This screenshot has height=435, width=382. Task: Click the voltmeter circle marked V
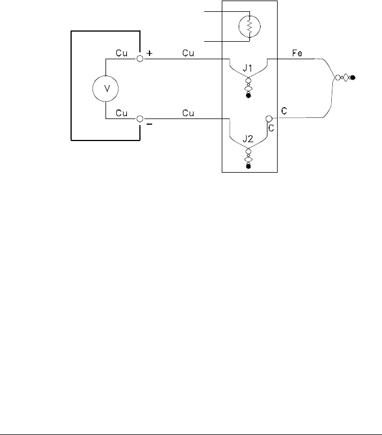tap(105, 89)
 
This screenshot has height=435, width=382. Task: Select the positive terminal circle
tap(139, 58)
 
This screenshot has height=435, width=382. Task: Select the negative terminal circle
tap(139, 119)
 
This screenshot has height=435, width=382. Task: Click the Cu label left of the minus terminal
tap(122, 113)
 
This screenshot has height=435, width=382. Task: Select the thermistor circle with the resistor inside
tap(249, 26)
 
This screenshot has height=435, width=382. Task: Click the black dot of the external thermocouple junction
tap(353, 78)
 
